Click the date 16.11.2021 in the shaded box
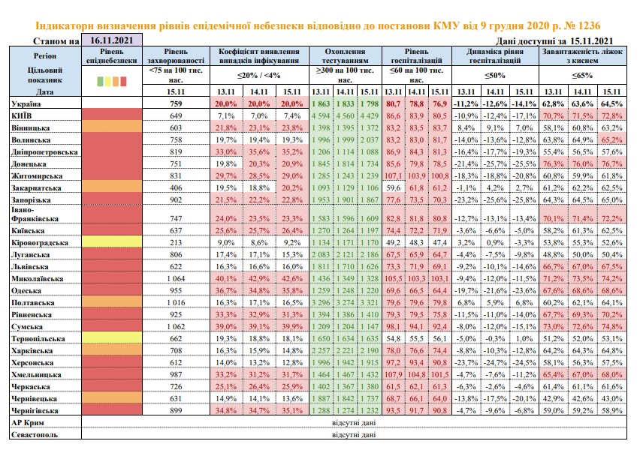[111, 40]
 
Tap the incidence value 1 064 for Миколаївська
[176, 279]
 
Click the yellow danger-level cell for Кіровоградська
[112, 242]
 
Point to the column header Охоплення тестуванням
[345, 55]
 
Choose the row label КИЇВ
[22, 115]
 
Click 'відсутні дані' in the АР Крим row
[354, 423]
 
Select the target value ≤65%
[582, 76]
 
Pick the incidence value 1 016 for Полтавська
[176, 303]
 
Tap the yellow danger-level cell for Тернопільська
[112, 338]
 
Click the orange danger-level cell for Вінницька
[112, 127]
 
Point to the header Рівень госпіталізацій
[417, 55]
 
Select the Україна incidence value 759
[176, 104]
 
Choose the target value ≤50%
[495, 76]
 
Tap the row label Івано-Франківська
[35, 214]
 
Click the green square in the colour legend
[100, 82]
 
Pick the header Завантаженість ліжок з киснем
[582, 55]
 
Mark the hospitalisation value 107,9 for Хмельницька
[393, 375]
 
